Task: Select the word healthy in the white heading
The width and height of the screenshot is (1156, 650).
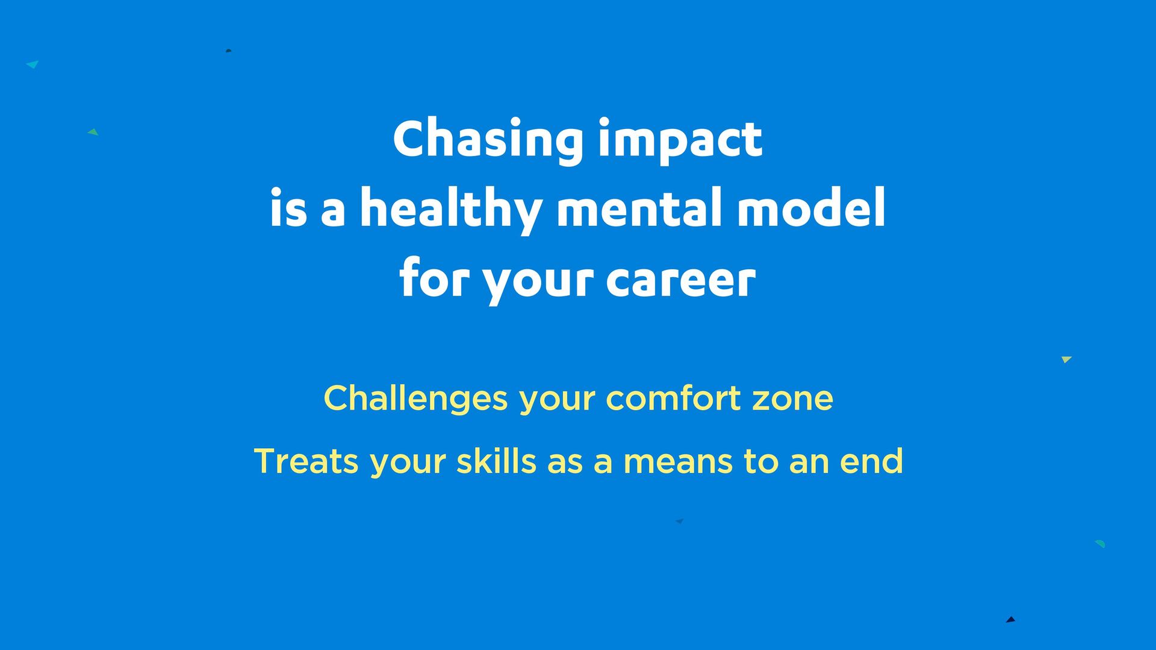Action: (x=451, y=209)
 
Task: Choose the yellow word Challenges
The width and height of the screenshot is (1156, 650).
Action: (x=416, y=399)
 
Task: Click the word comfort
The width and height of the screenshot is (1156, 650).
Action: (x=673, y=398)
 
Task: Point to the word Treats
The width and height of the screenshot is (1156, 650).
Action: (x=306, y=461)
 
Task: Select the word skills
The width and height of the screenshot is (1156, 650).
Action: (x=496, y=461)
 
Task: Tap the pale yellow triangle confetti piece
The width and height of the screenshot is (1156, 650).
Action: (x=1066, y=360)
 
